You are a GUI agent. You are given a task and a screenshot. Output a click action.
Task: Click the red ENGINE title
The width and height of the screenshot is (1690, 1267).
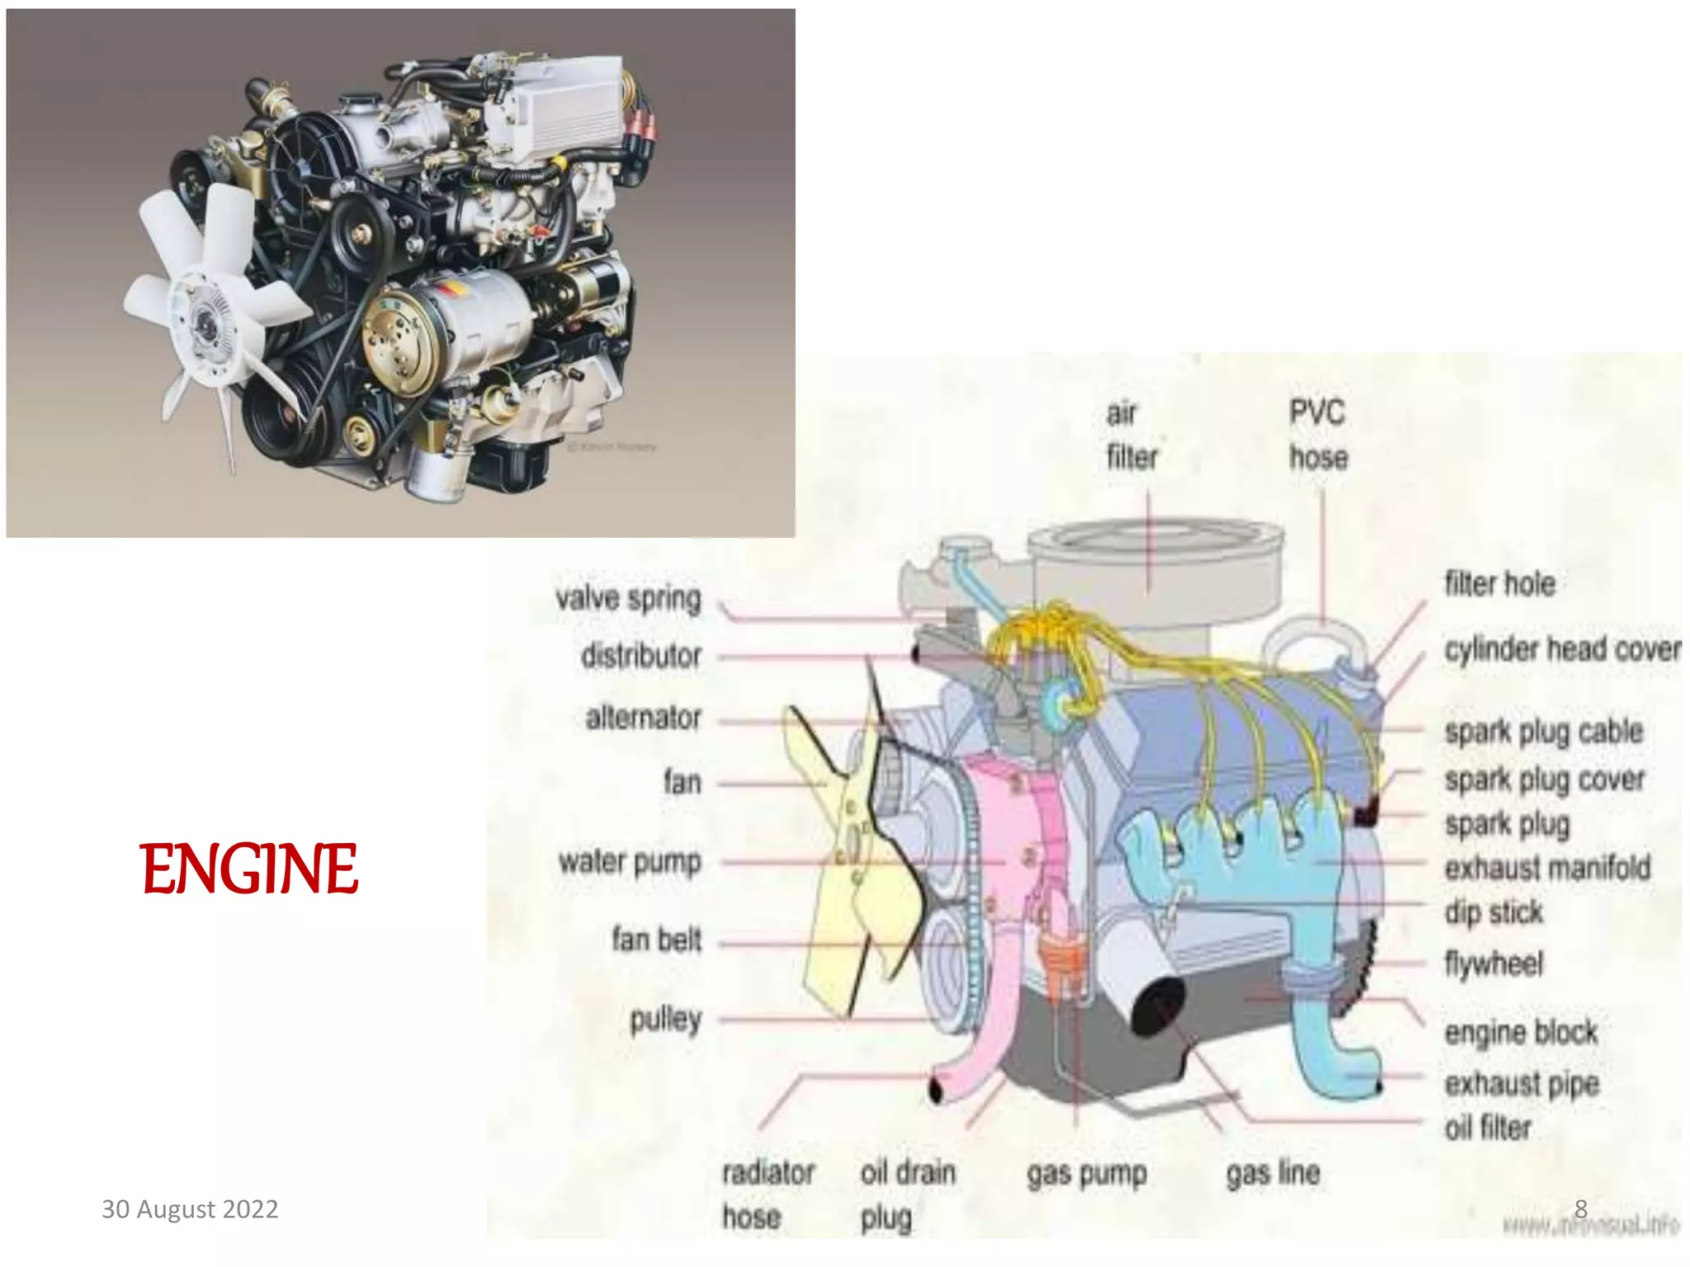coord(248,869)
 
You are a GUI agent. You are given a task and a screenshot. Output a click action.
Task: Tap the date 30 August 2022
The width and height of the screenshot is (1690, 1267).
coord(190,1209)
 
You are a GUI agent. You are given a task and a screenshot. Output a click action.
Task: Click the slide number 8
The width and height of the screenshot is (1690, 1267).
coord(1580,1208)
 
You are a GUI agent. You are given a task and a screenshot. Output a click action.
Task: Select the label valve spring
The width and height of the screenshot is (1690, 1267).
coord(628,599)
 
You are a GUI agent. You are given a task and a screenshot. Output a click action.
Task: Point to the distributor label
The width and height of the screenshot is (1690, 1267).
coord(641,657)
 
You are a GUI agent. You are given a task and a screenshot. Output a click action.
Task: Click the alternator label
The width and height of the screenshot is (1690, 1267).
coord(643,718)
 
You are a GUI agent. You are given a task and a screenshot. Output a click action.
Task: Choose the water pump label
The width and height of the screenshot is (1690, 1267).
coord(630,862)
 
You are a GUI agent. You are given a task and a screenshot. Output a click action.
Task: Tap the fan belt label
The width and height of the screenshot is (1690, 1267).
coord(656,940)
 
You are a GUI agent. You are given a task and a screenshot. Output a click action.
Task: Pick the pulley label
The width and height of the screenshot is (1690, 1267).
coord(665,1020)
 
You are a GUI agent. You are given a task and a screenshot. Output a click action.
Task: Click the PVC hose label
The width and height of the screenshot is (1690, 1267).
coord(1318,435)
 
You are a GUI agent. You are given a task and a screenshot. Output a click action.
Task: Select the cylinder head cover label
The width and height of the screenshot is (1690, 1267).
coord(1562,649)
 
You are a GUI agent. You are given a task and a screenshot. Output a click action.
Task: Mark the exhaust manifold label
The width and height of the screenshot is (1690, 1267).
coord(1547,868)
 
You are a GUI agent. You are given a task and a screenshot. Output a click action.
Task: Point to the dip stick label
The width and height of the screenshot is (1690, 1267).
coord(1494,912)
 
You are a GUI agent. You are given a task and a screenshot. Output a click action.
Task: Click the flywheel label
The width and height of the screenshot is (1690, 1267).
coord(1494,963)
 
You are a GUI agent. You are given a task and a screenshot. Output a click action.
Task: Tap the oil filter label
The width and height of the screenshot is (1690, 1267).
coord(1488,1128)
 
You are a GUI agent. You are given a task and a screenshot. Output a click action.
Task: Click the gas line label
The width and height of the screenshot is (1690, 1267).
coord(1272,1173)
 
